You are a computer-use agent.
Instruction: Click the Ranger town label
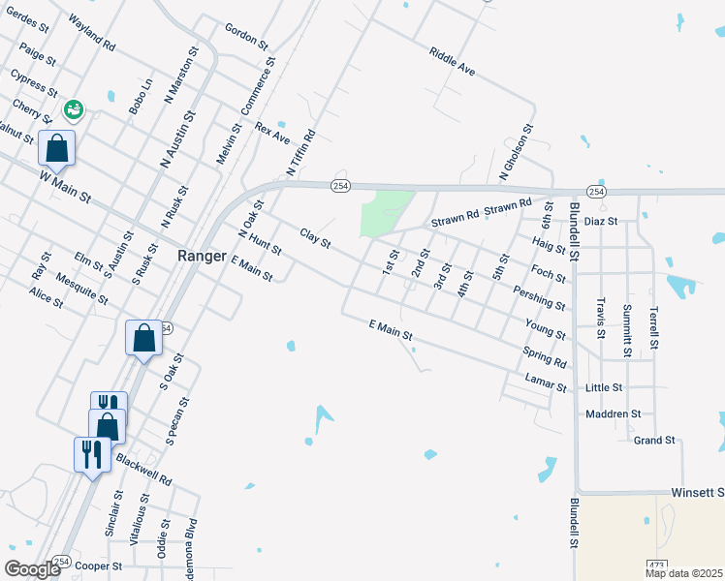(203, 257)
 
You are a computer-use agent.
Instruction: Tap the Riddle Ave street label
(453, 60)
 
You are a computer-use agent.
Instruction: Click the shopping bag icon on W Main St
(57, 149)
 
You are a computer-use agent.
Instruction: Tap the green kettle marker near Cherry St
(73, 110)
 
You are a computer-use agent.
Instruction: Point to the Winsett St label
(697, 493)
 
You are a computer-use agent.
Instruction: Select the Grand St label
(654, 441)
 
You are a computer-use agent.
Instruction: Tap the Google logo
(32, 569)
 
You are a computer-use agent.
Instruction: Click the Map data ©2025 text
(684, 573)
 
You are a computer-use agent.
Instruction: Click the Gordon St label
(245, 36)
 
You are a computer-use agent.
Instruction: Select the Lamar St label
(545, 382)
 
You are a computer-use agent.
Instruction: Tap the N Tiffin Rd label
(301, 153)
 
